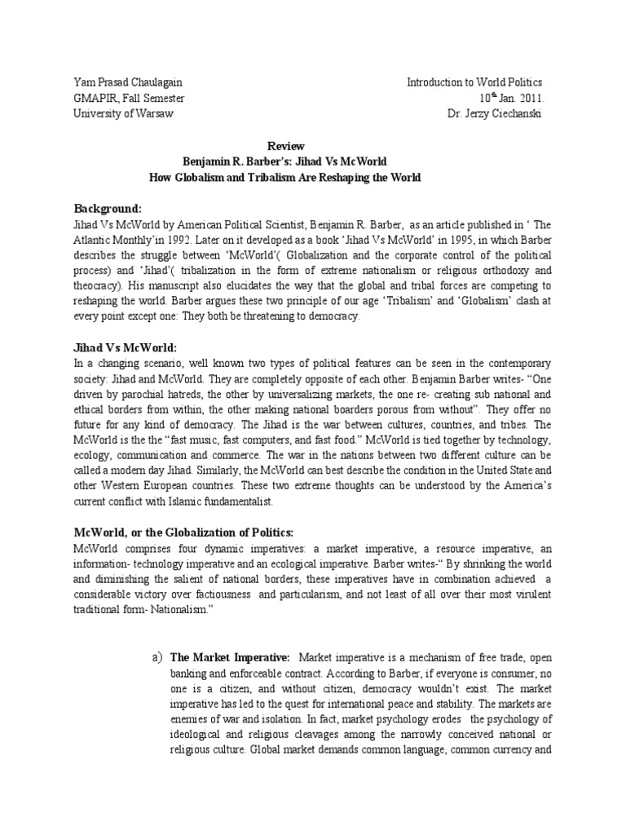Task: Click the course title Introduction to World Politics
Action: pos(474,83)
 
